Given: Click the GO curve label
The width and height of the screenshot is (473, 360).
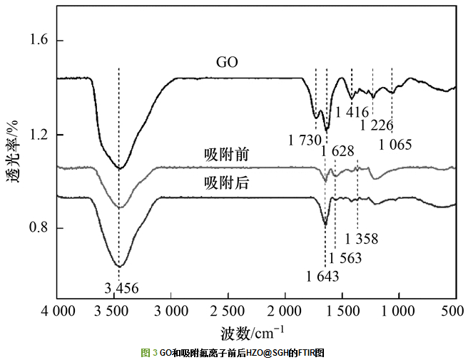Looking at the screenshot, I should (227, 63).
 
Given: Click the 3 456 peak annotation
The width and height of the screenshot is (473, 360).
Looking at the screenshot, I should (121, 289).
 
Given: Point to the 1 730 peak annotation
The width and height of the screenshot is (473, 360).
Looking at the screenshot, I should (305, 140).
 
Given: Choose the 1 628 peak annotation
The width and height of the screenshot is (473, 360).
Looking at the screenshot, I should (337, 151).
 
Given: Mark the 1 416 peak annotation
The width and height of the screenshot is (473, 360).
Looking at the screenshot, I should (352, 112).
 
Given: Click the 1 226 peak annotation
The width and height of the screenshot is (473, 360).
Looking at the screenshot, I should (377, 125).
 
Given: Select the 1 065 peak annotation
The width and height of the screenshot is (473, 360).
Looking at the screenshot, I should (395, 145).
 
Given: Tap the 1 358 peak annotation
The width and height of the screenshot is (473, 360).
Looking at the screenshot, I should (361, 240).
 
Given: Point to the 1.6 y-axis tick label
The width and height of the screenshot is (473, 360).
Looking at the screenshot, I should (37, 41).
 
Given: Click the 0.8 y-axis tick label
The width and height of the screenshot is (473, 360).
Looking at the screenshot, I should (37, 229).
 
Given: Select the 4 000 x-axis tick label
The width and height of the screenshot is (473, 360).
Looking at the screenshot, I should (57, 312).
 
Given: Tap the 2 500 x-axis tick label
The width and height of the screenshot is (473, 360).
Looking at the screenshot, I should (228, 312).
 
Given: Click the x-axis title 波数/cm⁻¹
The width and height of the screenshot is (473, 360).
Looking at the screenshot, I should (252, 332).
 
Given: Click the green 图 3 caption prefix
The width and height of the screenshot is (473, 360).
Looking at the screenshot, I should (149, 353).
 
